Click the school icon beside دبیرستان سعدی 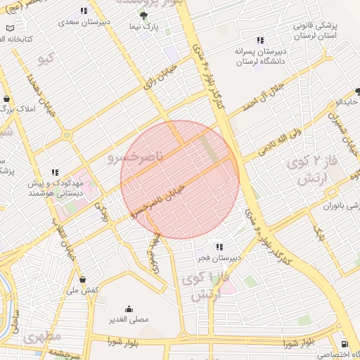tap(84, 11)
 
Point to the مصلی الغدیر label tap(129, 319)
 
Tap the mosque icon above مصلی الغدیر tap(129, 308)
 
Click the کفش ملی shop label tap(82, 290)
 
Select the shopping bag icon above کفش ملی tap(82, 279)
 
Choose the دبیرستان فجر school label tap(219, 258)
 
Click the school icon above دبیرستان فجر tap(219, 247)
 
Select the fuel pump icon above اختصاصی tap(343, 343)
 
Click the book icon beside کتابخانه tap(10, 28)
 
